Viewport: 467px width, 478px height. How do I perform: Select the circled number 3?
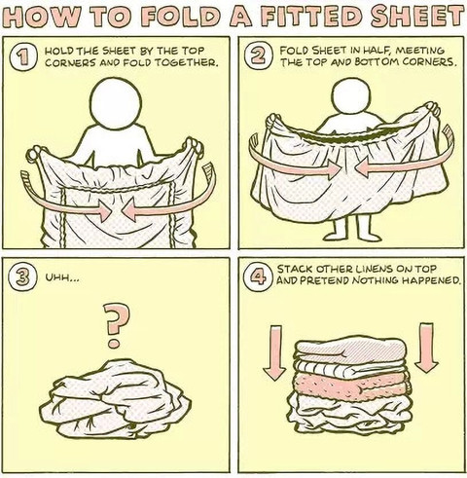(21, 277)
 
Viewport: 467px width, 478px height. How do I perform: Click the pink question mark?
(113, 325)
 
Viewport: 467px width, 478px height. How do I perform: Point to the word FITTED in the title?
(308, 17)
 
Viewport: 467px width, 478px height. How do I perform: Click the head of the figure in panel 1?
(117, 103)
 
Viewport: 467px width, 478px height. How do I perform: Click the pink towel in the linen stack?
(351, 386)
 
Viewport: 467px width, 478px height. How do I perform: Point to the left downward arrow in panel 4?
(274, 352)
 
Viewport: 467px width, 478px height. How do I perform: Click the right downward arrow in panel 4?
(426, 348)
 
